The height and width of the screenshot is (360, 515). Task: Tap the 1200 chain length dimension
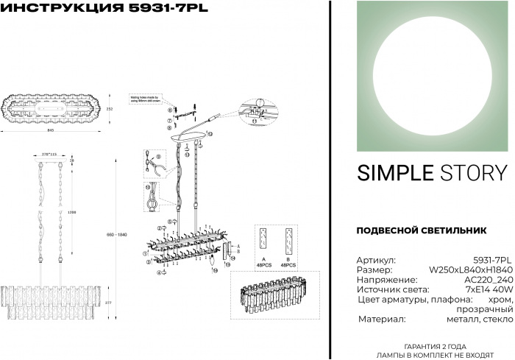pos(71,212)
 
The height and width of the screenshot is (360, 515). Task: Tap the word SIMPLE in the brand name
pos(394,172)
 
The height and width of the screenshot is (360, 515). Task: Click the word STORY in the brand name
pos(474,172)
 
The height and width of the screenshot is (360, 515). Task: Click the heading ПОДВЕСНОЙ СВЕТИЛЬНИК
pos(421,230)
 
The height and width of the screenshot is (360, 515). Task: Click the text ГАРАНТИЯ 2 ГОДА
pos(433,345)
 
